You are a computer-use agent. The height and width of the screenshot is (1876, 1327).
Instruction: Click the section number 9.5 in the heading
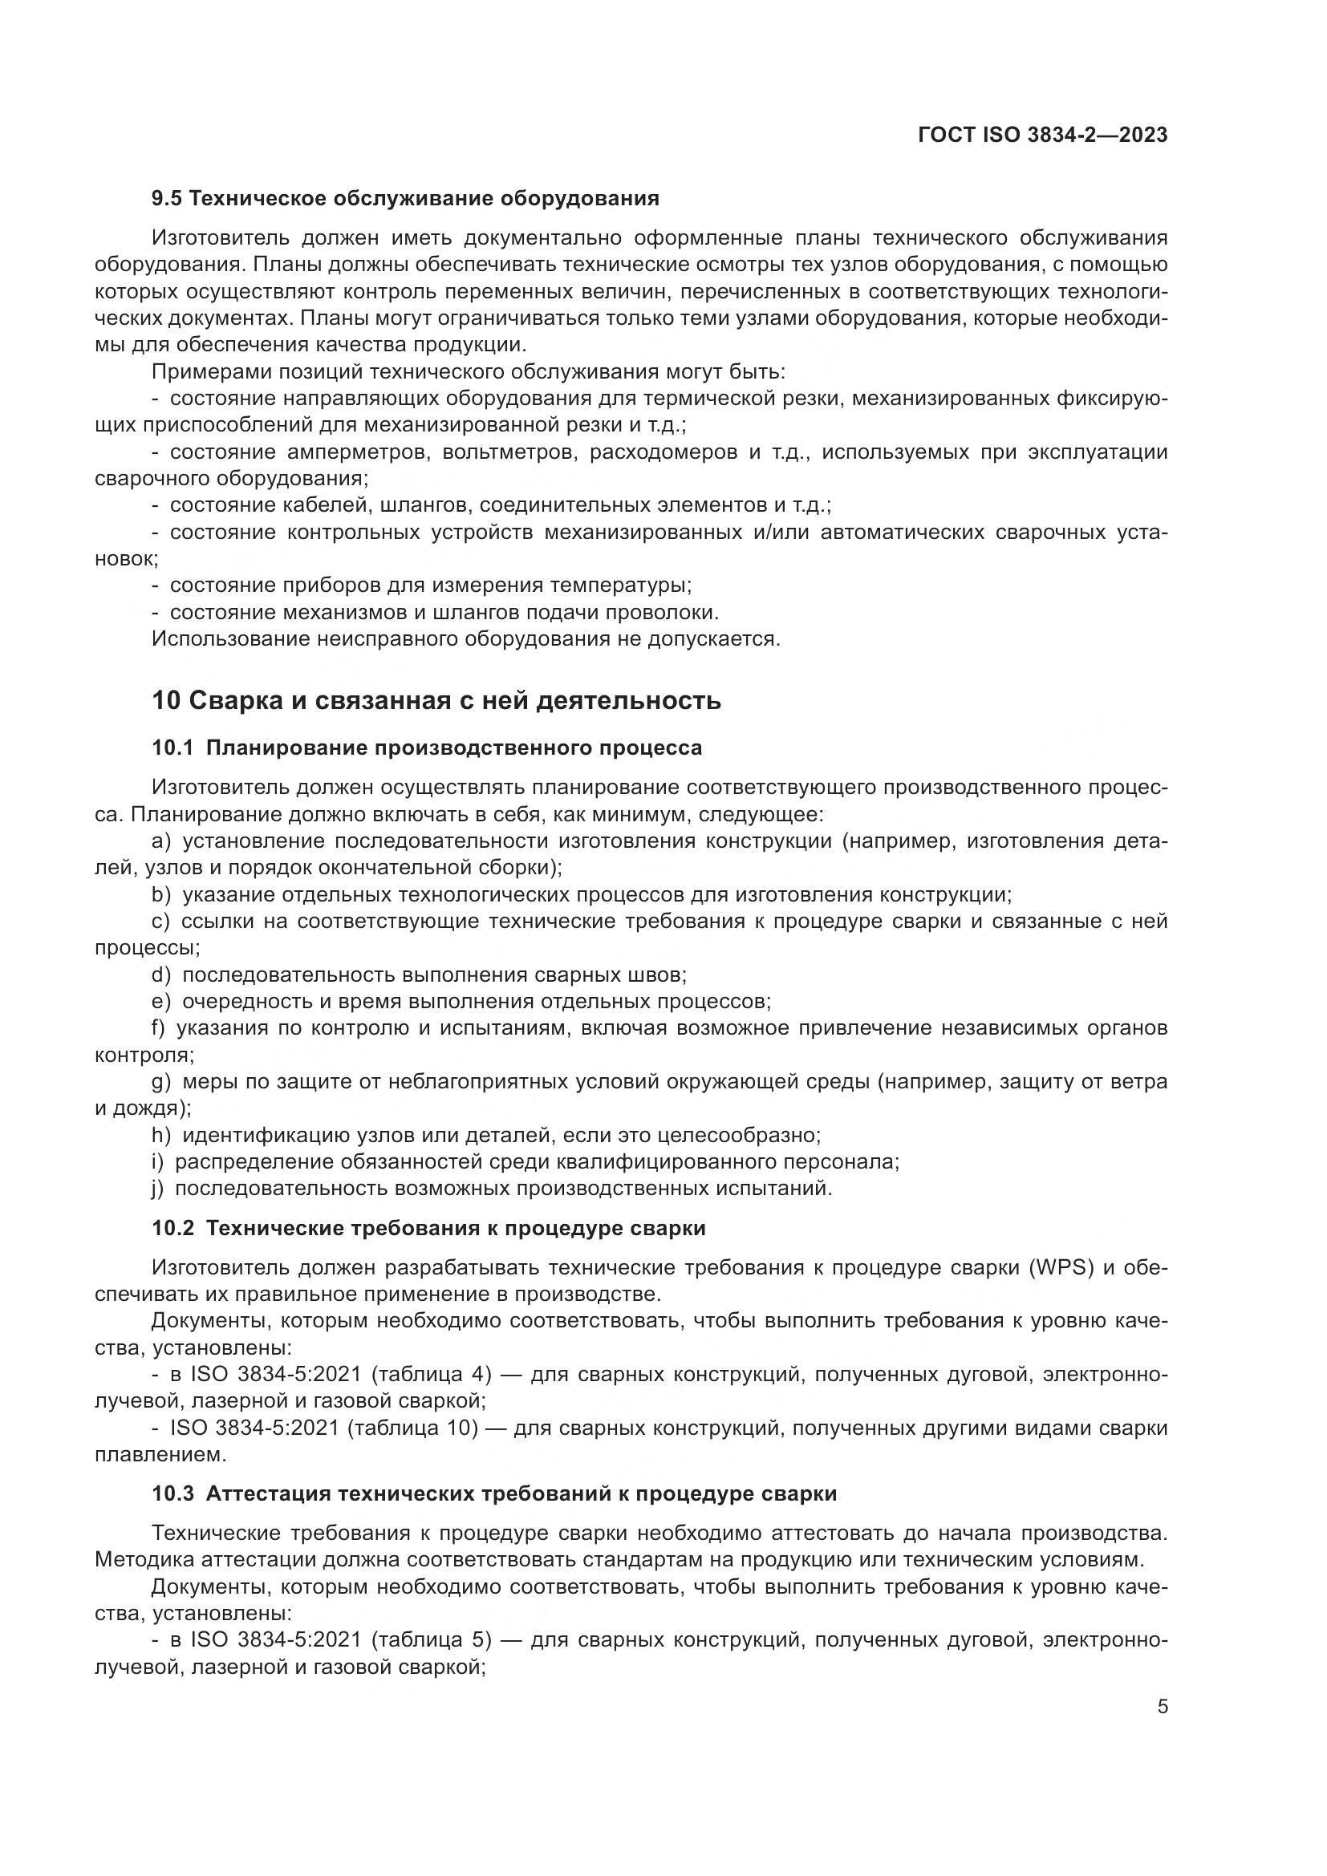point(168,199)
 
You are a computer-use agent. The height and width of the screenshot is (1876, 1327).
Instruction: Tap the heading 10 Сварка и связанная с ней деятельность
point(436,700)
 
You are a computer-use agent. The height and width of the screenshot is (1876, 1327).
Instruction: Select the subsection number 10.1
point(173,748)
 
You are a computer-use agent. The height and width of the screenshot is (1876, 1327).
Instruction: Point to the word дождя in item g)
point(148,1108)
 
